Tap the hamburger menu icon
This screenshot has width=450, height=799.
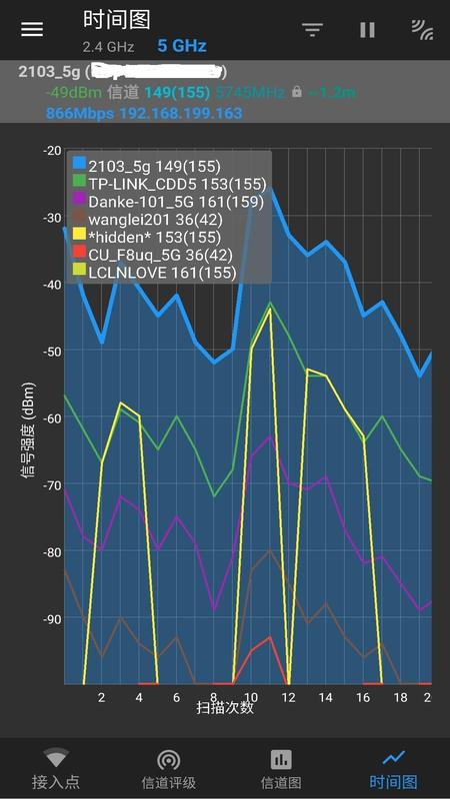32,29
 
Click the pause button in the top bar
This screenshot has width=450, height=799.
367,30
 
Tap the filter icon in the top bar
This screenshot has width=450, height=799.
313,30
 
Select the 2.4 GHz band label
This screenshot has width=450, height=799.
108,47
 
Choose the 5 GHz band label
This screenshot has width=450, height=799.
181,46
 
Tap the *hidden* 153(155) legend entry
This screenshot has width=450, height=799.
154,236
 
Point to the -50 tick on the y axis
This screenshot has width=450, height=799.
51,351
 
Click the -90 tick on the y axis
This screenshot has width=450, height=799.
51,618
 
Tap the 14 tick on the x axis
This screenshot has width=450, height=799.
326,696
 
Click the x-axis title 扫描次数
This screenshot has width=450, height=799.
225,707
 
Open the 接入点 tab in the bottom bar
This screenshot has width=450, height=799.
55,769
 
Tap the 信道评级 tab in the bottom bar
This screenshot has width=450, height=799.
168,769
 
